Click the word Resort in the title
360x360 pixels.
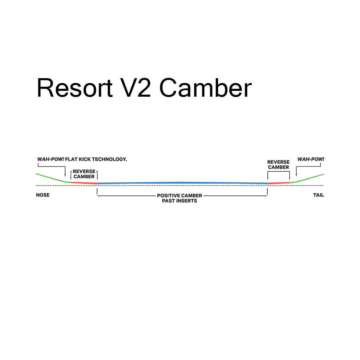[x=75, y=88]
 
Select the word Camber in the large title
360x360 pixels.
[x=206, y=88]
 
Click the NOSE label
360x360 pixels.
[x=43, y=195]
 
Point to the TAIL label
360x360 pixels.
[x=318, y=195]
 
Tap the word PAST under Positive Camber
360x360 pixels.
[x=168, y=201]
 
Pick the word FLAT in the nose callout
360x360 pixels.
[x=71, y=159]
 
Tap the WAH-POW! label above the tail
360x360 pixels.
[x=311, y=159]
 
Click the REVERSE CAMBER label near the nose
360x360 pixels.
[x=84, y=174]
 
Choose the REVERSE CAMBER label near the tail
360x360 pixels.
[x=278, y=165]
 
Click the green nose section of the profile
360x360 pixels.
[x=51, y=178]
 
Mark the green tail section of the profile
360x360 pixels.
[x=309, y=178]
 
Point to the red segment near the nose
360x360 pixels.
[x=84, y=183]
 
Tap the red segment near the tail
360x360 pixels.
[x=278, y=183]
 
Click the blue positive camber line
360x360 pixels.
[x=182, y=183]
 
